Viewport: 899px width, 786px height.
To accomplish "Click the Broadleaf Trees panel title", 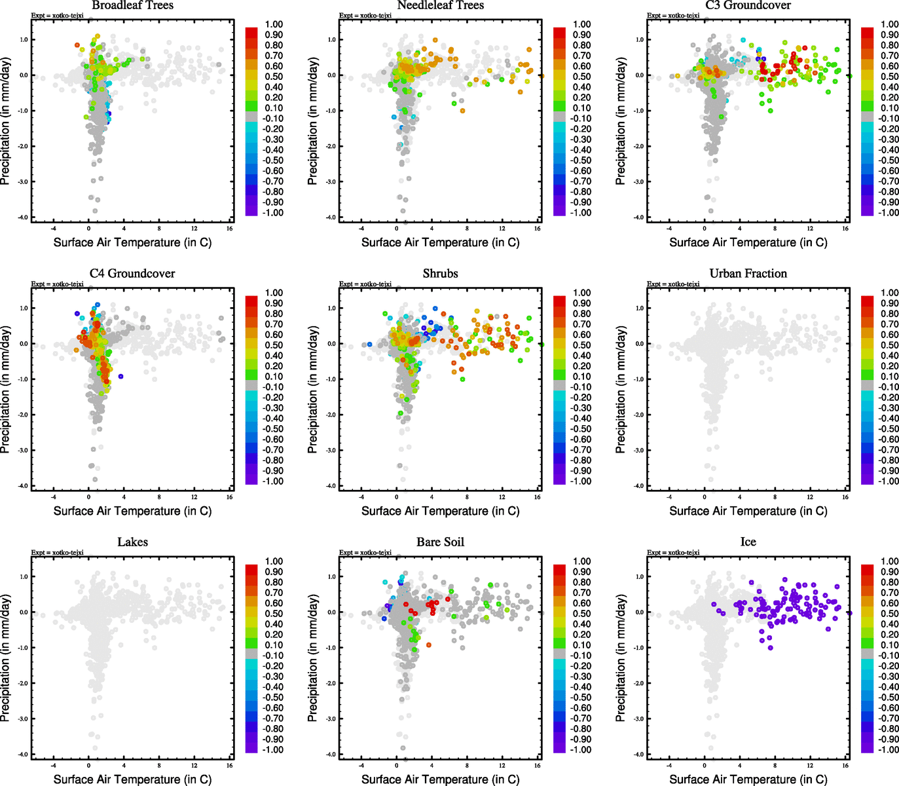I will pos(132,5).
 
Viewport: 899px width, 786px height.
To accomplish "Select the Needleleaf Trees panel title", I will pos(440,5).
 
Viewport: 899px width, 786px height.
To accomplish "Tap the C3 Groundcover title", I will pos(748,5).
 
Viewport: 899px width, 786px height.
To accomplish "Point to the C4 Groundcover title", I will pos(132,273).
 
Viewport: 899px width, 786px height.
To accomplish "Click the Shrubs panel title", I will pos(440,273).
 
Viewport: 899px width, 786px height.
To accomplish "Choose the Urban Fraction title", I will pos(748,273).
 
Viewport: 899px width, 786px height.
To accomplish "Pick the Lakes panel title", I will pos(132,542).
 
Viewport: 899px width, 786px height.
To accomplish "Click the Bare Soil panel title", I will pos(440,542).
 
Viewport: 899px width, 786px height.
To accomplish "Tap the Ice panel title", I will pos(748,542).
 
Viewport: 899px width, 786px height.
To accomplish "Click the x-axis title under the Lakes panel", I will pos(132,779).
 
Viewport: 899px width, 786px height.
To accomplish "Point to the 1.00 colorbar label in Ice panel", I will pos(890,561).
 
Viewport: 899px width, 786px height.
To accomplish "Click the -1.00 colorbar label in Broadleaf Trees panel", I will pos(273,213).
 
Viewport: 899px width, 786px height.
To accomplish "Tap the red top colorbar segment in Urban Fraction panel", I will pos(868,301).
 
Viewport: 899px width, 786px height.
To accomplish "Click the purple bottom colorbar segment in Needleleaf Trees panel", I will pos(560,210).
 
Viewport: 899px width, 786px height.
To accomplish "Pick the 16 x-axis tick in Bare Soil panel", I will pos(537,765).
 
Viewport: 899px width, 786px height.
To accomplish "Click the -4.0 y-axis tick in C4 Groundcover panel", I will pos(23,486).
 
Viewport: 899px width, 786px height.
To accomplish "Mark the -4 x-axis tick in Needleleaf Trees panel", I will pos(361,229).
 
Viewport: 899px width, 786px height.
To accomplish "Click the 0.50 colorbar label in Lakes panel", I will pos(274,614).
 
